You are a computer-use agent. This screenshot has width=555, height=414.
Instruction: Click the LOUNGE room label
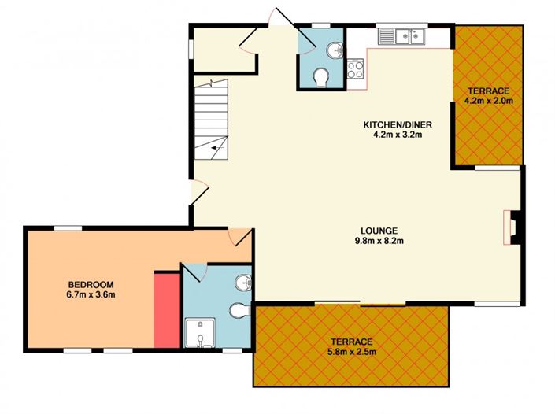(379, 231)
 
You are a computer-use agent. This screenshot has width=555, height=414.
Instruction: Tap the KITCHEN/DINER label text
(398, 124)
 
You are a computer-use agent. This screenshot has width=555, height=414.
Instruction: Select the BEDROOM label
(91, 284)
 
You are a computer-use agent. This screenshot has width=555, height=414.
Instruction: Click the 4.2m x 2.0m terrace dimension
(489, 101)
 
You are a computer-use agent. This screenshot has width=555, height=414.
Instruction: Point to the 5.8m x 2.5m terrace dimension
(352, 352)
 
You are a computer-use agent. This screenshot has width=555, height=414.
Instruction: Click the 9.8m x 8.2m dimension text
(379, 241)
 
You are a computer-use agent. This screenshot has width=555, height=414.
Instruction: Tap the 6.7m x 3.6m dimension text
(91, 294)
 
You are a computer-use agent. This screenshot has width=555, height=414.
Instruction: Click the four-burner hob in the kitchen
(355, 69)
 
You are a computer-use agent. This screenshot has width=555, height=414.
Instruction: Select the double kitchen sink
(401, 36)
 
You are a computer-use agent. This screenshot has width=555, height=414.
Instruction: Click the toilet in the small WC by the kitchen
(321, 77)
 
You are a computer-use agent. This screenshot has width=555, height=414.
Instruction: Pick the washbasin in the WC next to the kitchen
(335, 50)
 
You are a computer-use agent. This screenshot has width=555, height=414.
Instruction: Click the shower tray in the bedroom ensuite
(200, 333)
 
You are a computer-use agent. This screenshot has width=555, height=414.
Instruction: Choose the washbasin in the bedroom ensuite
(243, 283)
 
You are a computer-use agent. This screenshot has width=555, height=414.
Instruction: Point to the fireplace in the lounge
(512, 227)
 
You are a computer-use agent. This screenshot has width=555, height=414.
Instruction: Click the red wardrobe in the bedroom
(168, 310)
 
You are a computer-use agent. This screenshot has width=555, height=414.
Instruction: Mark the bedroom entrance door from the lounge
(241, 238)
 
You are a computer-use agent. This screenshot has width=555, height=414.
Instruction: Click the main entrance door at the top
(281, 17)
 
